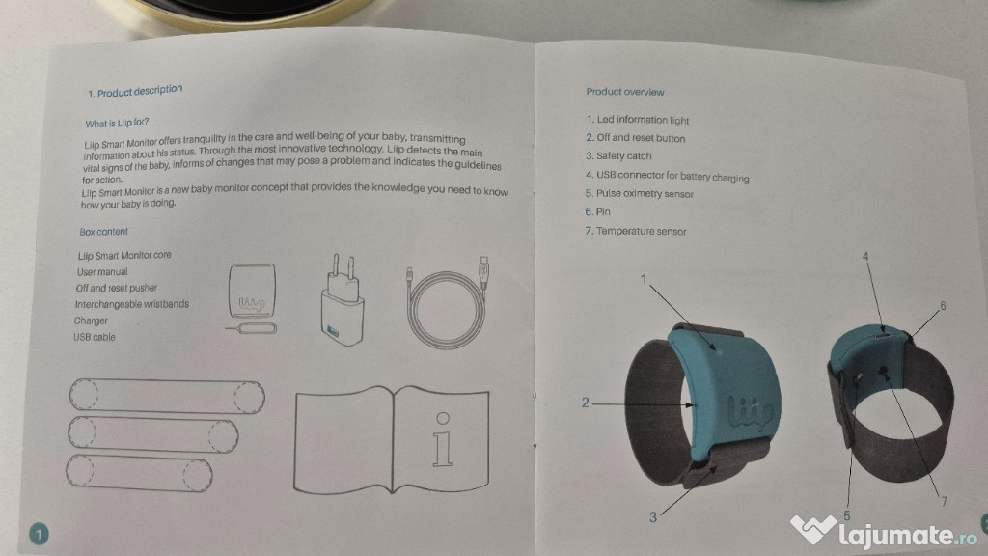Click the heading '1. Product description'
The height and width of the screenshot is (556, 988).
click(135, 92)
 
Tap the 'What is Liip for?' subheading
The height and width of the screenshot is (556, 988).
click(117, 123)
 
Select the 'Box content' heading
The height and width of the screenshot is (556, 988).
click(103, 232)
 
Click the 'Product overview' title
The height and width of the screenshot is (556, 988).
click(625, 92)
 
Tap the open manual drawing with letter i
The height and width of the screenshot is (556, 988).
click(392, 439)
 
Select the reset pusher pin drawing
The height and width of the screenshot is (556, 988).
click(252, 328)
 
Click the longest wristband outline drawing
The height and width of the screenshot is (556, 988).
click(167, 396)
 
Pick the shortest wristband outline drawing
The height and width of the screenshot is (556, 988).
click(139, 473)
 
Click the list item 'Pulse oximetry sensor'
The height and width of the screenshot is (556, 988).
click(639, 193)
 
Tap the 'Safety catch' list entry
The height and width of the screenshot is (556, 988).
click(618, 155)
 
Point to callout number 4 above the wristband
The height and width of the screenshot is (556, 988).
click(865, 257)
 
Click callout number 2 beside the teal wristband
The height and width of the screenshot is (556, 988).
click(586, 403)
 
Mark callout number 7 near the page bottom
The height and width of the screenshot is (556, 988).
click(944, 501)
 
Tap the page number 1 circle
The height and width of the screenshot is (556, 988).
click(39, 535)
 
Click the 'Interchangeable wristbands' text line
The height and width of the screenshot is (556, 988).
click(131, 304)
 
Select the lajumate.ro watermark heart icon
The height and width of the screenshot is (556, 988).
click(812, 529)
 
